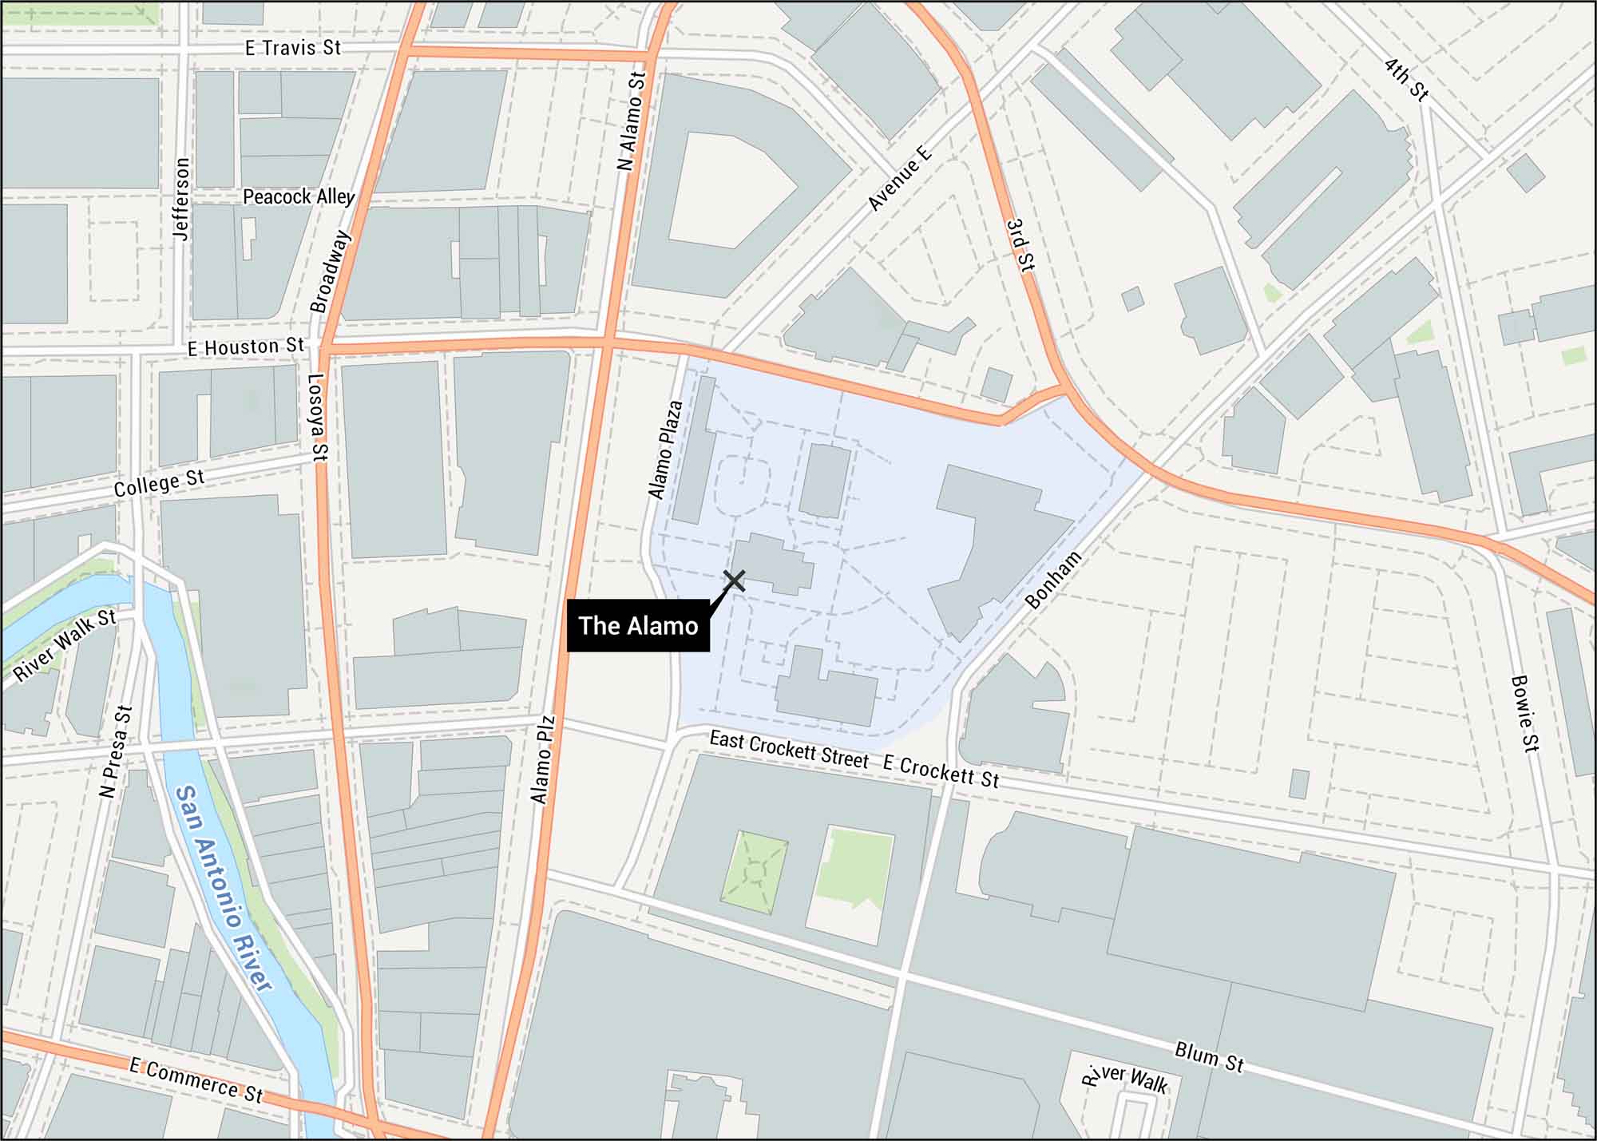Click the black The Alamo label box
point(638,625)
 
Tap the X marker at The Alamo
point(734,580)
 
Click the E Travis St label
point(292,48)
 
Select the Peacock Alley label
point(298,196)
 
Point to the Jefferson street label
point(182,198)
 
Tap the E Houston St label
point(246,347)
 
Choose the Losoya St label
point(318,418)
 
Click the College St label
point(159,483)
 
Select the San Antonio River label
point(223,887)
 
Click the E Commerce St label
point(196,1080)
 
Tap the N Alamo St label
point(631,121)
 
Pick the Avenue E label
point(899,178)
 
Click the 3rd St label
point(1020,246)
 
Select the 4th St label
point(1405,79)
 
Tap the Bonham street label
point(1053,580)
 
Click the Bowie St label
point(1524,713)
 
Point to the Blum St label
point(1209,1056)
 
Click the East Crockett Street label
point(788,751)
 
